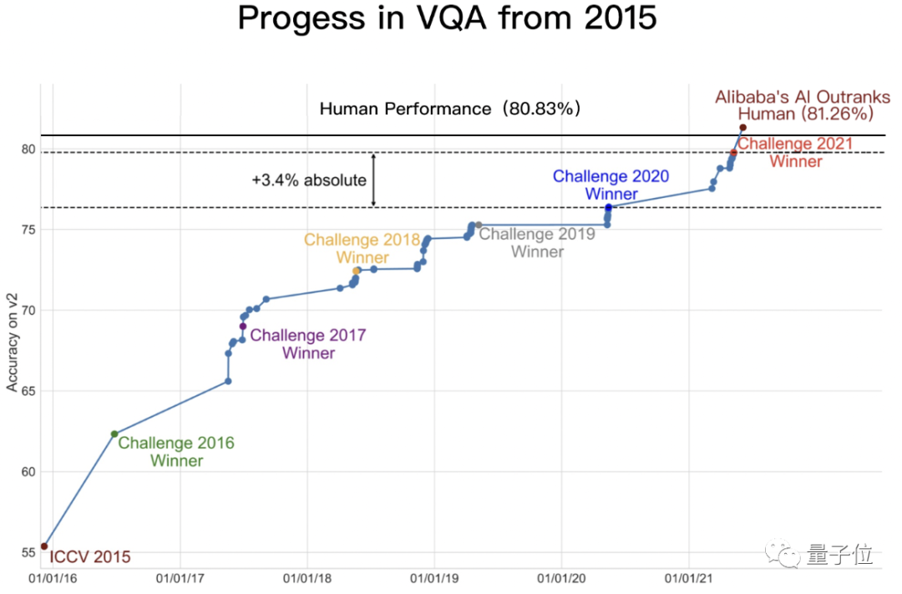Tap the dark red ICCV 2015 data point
pos(44,546)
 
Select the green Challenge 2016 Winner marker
pos(114,434)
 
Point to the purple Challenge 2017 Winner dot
pos(243,326)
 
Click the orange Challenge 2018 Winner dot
pos(357,271)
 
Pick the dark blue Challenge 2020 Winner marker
pos(609,207)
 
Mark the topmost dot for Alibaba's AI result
pos(742,128)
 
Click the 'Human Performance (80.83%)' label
pos(450,109)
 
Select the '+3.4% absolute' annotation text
pos(309,180)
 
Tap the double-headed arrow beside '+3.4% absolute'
pos(373,180)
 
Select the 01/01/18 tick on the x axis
pos(307,578)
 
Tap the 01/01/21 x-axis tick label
pos(688,578)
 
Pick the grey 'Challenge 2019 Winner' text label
pos(537,242)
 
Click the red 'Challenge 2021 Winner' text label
pos(795,152)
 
